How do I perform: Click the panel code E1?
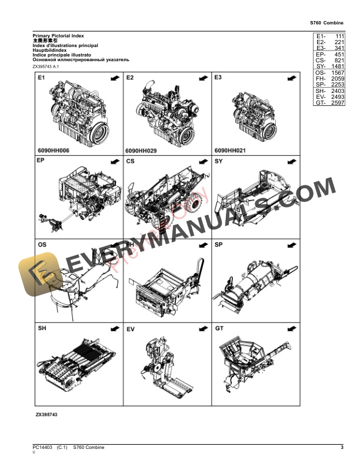(42, 78)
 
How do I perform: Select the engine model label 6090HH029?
(141, 151)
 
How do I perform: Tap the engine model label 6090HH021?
(229, 151)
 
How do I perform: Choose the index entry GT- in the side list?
(320, 103)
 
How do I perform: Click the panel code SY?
(219, 161)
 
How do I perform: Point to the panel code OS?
(42, 244)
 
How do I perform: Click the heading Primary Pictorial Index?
(58, 36)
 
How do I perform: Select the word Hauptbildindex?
(51, 50)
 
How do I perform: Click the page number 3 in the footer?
(342, 448)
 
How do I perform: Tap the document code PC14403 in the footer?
(42, 448)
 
